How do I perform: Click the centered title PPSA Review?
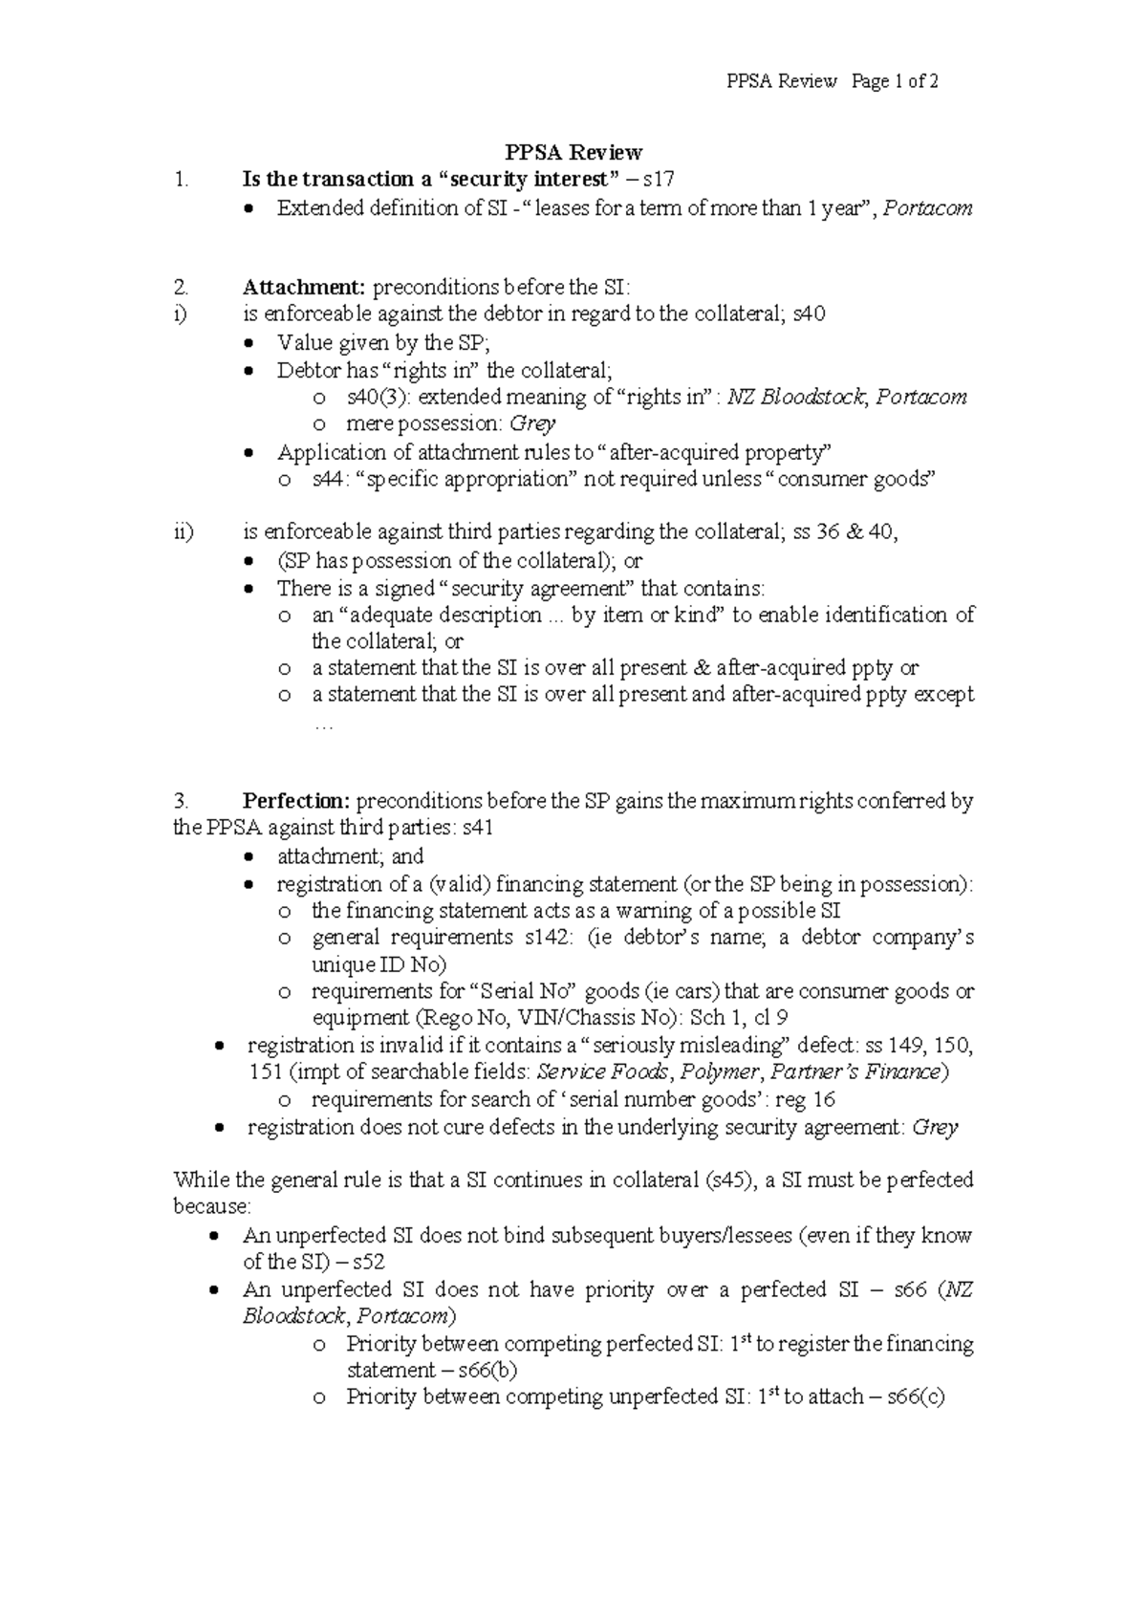tap(573, 152)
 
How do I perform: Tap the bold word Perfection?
tap(296, 801)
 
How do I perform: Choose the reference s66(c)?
tap(916, 1396)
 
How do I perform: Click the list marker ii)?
tap(184, 532)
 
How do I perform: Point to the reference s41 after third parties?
tap(478, 829)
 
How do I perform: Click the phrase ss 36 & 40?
tap(844, 532)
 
